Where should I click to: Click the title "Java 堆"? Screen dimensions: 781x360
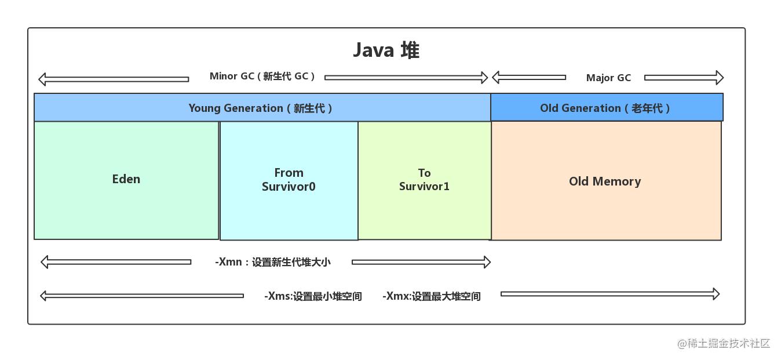click(386, 50)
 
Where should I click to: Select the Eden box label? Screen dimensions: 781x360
click(126, 179)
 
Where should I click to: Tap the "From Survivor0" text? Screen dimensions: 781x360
click(289, 180)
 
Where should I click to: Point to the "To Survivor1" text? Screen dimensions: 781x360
click(424, 180)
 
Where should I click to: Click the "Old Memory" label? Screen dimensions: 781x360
click(605, 181)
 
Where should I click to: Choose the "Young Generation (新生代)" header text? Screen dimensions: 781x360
click(260, 108)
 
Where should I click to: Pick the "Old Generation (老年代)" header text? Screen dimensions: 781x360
click(605, 108)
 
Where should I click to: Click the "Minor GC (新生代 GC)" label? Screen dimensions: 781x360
click(262, 76)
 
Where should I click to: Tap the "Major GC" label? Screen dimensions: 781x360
click(608, 78)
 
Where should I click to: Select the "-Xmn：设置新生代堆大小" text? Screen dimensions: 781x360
click(273, 262)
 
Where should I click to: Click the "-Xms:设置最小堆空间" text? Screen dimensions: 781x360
click(313, 296)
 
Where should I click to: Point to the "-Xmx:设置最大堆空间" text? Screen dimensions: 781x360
click(431, 296)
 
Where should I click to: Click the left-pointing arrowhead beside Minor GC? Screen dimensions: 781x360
click(42, 79)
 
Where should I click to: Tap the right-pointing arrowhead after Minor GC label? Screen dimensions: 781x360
click(484, 78)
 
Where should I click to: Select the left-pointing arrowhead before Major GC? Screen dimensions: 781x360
click(495, 77)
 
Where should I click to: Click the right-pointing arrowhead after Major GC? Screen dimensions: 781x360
click(720, 78)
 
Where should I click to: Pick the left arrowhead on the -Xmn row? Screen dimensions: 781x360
click(44, 262)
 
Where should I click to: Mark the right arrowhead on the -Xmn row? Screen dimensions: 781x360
click(487, 262)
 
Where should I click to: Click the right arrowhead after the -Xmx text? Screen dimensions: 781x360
click(716, 294)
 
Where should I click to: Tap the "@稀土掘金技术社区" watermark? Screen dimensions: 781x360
click(724, 344)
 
